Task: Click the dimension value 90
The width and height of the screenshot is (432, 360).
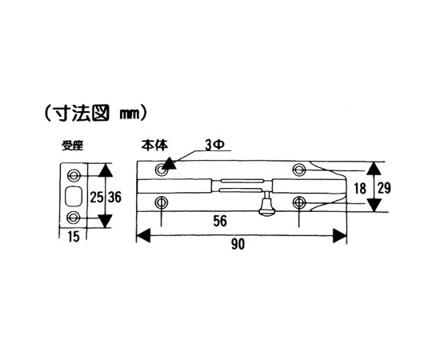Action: [238, 244]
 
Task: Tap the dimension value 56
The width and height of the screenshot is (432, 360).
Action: [220, 221]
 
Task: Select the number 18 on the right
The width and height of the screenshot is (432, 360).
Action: [360, 189]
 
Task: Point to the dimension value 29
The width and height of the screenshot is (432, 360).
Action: [384, 189]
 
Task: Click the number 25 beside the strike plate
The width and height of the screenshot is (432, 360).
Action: [97, 198]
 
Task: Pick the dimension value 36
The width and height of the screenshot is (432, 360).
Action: [114, 198]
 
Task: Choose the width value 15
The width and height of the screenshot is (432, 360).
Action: [74, 237]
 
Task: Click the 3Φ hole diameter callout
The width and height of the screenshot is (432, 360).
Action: [214, 146]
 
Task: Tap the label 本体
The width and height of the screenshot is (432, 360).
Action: [154, 146]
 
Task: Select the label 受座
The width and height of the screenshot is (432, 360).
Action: [73, 146]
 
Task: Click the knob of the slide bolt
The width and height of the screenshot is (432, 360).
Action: [266, 206]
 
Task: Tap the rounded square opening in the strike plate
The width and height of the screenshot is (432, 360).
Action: [74, 196]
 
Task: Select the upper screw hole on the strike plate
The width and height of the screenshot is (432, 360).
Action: [74, 175]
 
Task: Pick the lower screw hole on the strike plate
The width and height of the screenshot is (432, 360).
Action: [73, 218]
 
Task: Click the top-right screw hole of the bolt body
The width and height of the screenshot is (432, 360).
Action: [299, 170]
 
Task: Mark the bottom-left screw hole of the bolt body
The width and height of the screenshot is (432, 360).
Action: [161, 203]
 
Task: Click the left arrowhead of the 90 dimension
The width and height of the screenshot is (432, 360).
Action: [143, 236]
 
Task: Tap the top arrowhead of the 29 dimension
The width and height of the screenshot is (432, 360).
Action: [374, 169]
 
